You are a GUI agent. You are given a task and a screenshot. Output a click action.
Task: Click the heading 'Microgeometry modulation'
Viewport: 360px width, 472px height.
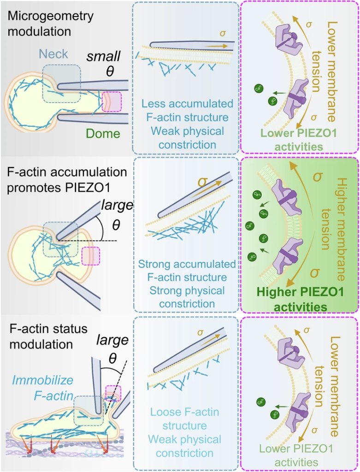[x=50, y=24]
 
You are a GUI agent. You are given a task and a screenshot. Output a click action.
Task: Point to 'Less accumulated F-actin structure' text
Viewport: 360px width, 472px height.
[x=187, y=111]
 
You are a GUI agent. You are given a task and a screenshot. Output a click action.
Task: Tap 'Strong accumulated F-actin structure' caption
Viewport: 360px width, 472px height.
[x=187, y=271]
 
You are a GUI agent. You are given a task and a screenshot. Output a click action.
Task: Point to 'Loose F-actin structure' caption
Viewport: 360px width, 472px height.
[x=187, y=418]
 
